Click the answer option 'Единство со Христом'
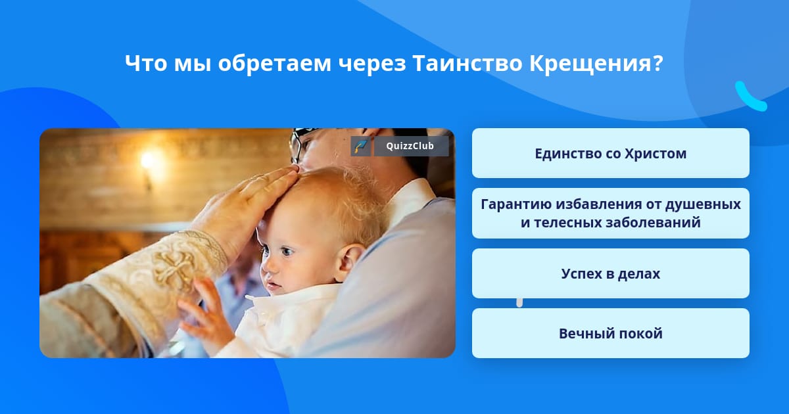(610, 153)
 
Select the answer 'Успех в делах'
(610, 273)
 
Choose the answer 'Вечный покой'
(610, 333)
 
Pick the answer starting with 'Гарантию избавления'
(610, 214)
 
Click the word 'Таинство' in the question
(467, 63)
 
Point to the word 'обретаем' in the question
(274, 64)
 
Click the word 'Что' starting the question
(146, 64)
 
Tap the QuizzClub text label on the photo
(410, 146)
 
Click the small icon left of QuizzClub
(360, 146)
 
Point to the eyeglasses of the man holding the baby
(299, 145)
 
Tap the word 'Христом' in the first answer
(656, 154)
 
